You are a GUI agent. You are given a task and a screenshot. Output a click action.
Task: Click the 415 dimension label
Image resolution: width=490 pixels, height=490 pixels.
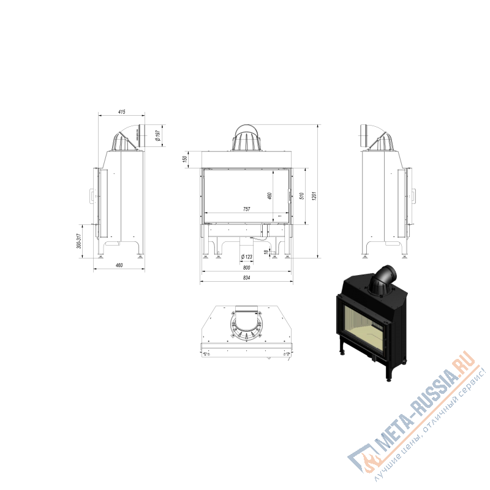[122, 111]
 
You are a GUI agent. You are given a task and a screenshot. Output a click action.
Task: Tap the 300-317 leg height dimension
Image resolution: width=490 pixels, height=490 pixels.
[79, 241]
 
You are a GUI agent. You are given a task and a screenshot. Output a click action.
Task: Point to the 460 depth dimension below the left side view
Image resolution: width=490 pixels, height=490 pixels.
[119, 265]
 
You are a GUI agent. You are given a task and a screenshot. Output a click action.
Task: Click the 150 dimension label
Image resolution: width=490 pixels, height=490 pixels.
[185, 159]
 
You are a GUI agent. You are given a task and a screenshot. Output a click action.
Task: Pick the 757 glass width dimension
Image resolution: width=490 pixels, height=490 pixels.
[247, 209]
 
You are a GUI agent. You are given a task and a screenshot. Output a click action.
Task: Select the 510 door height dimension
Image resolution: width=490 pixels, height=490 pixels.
[301, 196]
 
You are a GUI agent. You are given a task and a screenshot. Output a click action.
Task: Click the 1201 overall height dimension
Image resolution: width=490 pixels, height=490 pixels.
[314, 196]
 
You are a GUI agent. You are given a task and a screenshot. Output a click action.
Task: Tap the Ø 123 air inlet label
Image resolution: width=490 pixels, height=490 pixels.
[247, 257]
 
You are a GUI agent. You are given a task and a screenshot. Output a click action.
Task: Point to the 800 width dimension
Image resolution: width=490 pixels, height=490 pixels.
[247, 268]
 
